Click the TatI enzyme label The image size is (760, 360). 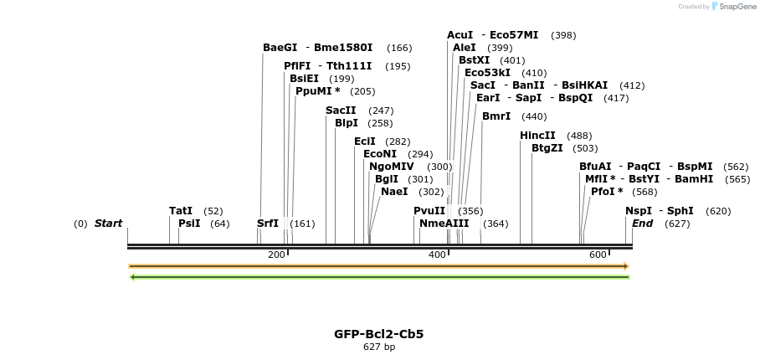(181, 211)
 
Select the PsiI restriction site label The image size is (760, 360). (189, 224)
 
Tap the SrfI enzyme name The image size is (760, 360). (268, 224)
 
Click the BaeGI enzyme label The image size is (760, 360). (280, 48)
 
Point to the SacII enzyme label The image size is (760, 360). (341, 111)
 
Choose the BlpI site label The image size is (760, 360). (347, 123)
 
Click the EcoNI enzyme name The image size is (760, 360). (380, 154)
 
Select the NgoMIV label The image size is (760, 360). (392, 167)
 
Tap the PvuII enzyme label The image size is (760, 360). (429, 211)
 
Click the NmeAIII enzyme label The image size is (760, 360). (444, 224)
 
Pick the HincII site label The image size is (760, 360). (537, 136)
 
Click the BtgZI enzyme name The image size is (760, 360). (547, 148)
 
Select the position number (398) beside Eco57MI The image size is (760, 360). (563, 35)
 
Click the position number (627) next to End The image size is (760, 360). (677, 224)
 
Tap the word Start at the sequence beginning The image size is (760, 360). (108, 224)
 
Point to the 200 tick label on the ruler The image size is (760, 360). (276, 255)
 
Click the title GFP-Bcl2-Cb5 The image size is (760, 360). (379, 334)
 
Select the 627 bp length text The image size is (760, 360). (379, 347)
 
